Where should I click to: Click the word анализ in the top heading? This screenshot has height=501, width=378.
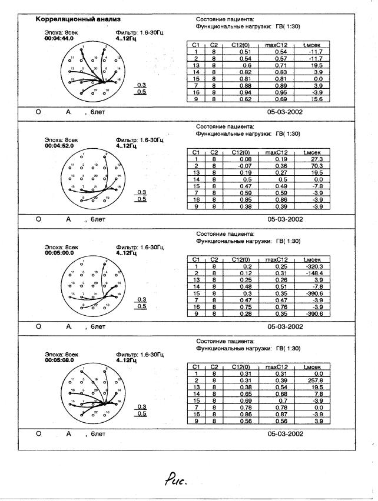tap(107, 19)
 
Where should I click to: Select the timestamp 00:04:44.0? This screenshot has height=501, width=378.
tap(59, 38)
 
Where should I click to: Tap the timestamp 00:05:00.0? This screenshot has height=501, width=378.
tap(59, 253)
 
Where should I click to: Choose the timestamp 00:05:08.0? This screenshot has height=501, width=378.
tap(59, 360)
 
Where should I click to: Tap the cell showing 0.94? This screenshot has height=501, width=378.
tap(245, 93)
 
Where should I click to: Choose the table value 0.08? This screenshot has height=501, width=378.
tap(245, 159)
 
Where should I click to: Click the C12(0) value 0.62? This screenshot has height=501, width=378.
tap(245, 99)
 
